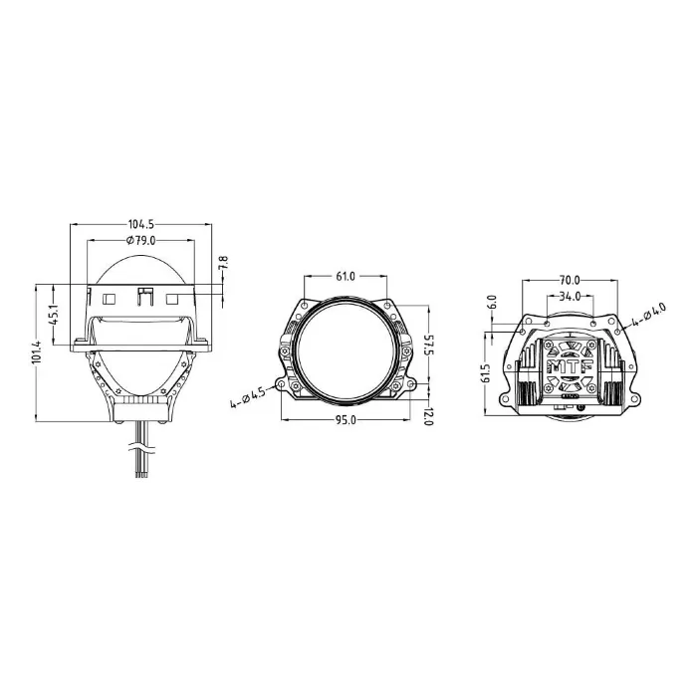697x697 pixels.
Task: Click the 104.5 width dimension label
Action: point(140,223)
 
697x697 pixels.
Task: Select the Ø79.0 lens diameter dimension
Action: point(141,241)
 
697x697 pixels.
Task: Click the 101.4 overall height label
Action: point(37,351)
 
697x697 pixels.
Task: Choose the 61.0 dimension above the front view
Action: point(346,275)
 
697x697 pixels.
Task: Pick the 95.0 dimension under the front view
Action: point(345,420)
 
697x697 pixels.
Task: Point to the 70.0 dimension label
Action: point(570,281)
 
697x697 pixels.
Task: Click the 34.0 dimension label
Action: point(570,297)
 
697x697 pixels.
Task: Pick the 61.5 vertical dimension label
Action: point(486,371)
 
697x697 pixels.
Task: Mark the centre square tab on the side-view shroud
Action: point(145,297)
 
